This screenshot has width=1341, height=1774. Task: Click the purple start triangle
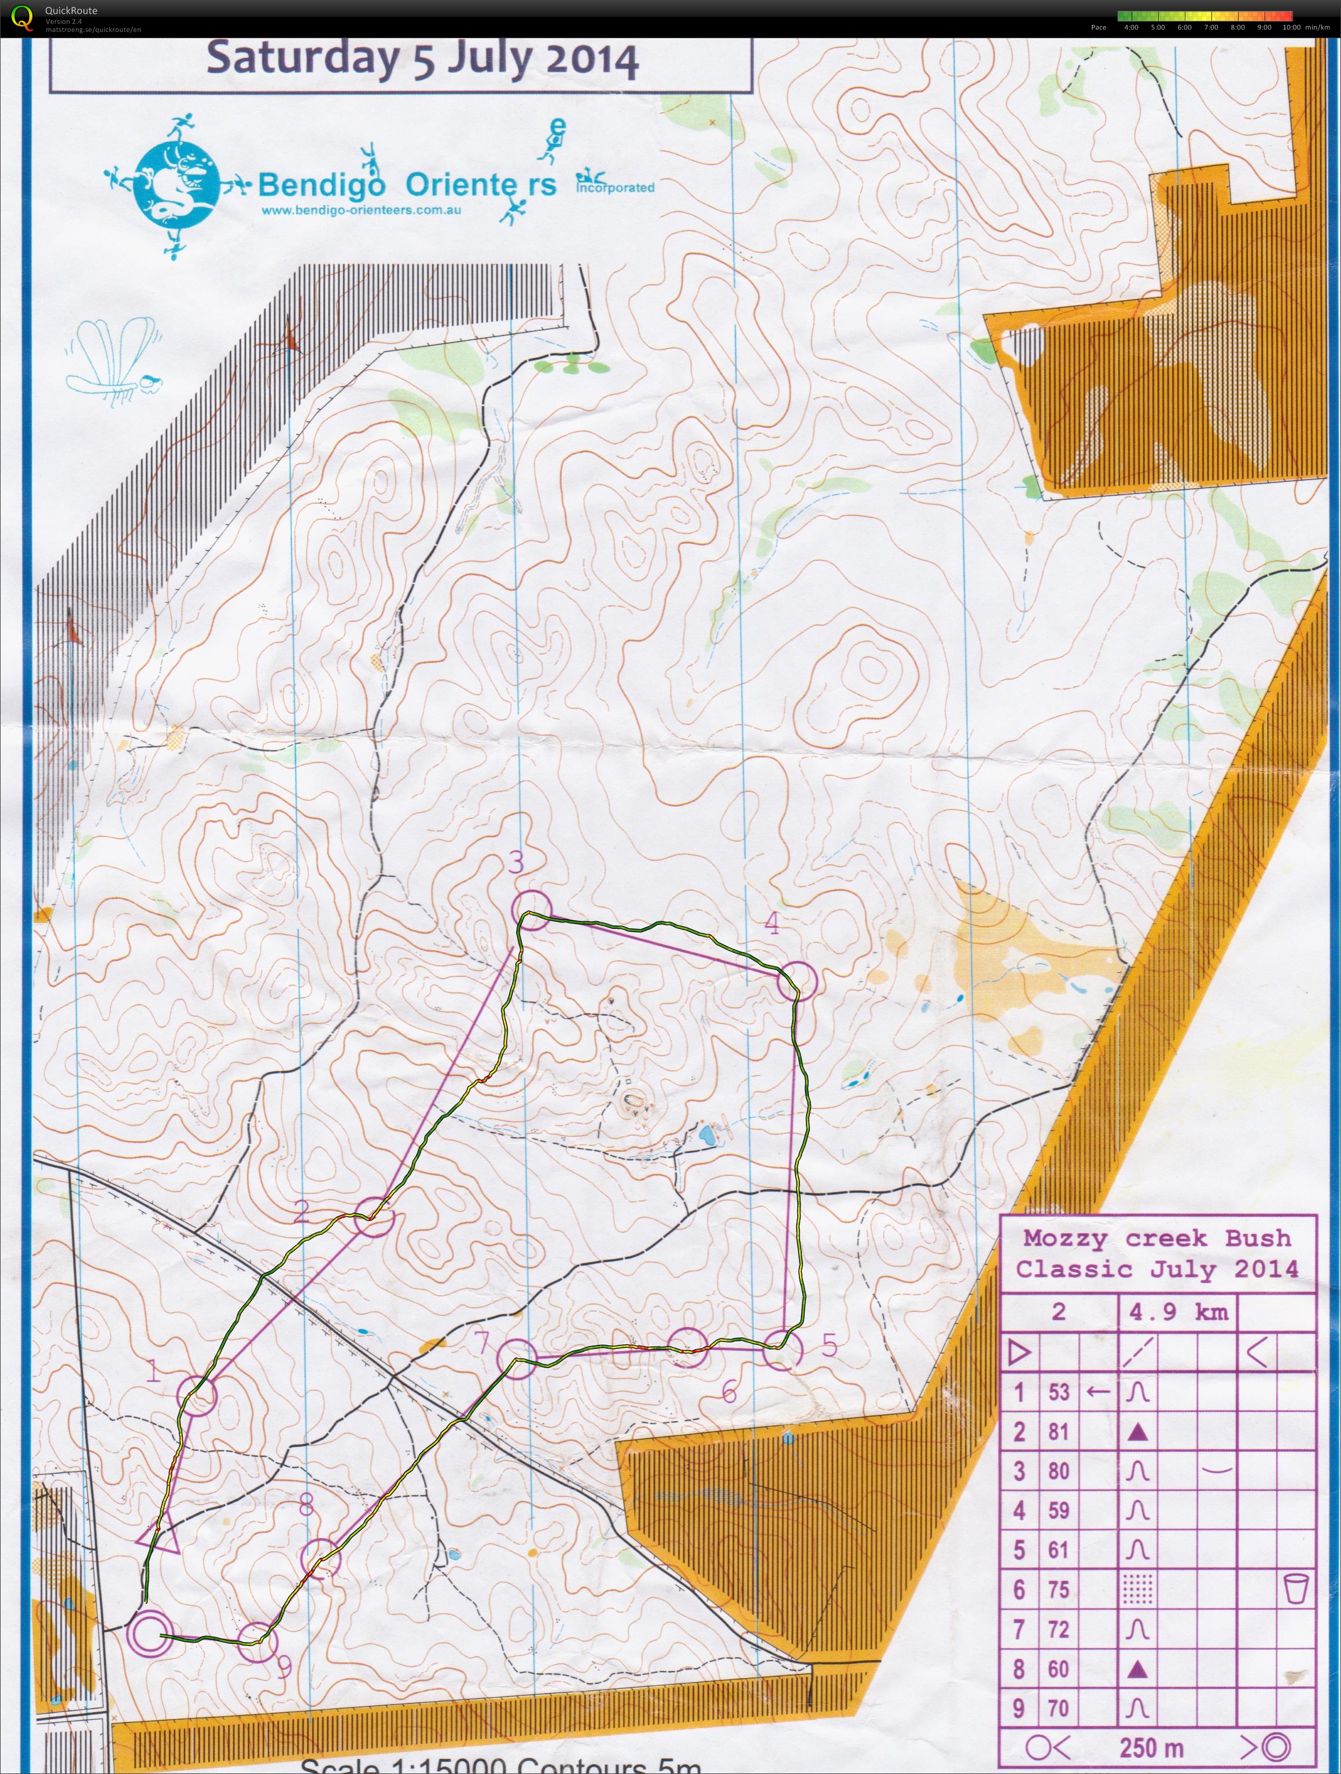coord(159,1533)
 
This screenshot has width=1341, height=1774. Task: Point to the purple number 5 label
coord(830,1344)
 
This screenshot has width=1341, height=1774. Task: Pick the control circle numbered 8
coord(321,1558)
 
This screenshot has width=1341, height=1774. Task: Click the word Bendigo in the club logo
coord(322,185)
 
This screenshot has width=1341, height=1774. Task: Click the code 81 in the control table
coord(1059,1431)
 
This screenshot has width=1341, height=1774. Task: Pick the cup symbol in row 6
coord(1295,1588)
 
